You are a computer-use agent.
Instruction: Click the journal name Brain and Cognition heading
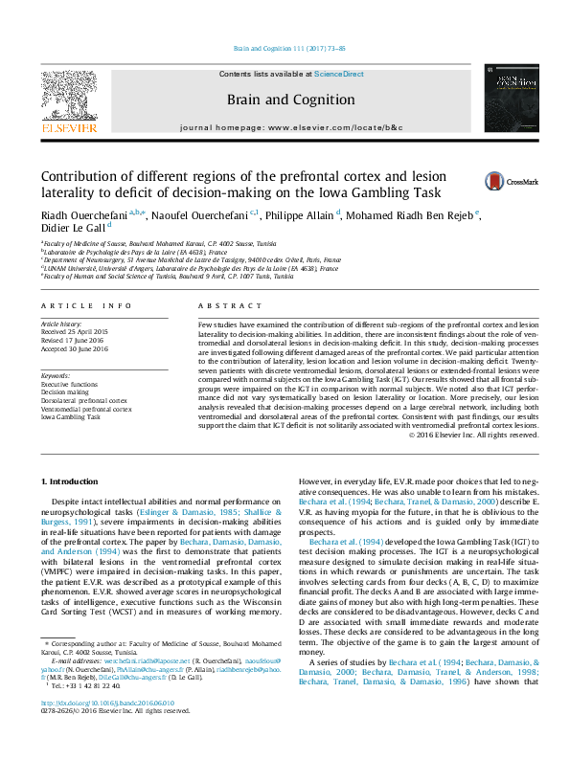click(285, 100)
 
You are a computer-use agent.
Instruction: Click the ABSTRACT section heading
click(221, 305)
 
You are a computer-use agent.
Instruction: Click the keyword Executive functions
click(70, 384)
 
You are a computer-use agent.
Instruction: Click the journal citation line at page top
click(285, 49)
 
